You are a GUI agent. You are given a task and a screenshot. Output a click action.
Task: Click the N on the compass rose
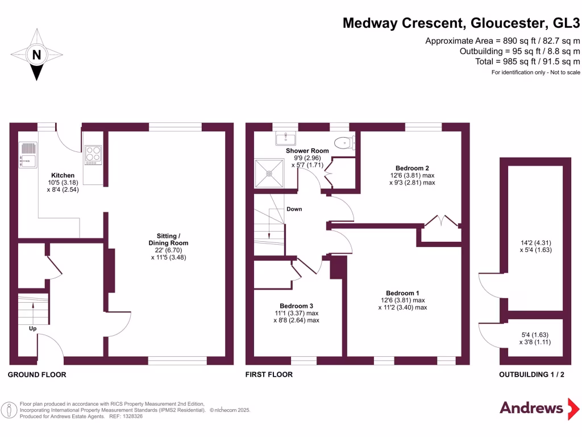[37, 55]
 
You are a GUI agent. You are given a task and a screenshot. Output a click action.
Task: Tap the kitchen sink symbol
[27, 154]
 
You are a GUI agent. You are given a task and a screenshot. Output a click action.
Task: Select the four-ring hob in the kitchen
[92, 154]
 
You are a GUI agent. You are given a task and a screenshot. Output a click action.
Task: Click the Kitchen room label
[63, 175]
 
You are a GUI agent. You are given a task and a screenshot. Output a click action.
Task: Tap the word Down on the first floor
[294, 209]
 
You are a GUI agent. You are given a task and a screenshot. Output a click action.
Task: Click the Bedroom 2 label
[412, 168]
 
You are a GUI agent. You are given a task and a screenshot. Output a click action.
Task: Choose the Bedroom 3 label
[296, 305]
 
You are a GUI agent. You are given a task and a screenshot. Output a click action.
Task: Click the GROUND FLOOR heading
[37, 374]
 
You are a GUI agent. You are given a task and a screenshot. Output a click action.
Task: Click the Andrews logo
[531, 407]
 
